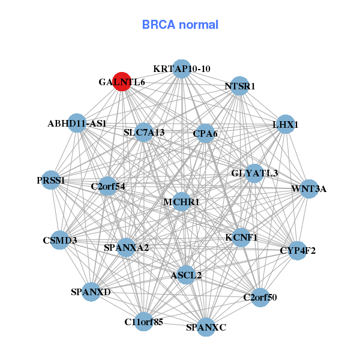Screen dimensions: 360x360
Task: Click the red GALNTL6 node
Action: (122, 82)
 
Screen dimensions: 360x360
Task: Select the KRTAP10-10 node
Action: (181, 68)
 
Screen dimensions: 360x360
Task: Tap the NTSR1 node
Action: (239, 86)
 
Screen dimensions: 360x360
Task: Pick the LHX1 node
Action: (286, 125)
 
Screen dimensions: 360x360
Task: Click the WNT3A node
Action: (308, 189)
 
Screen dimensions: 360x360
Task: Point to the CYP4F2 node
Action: (298, 250)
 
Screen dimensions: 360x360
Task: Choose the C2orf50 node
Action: (260, 297)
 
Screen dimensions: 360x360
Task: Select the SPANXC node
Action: (206, 327)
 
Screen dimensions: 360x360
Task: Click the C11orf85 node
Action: (144, 322)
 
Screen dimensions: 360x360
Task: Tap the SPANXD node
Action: (91, 292)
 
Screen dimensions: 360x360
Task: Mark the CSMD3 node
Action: (60, 241)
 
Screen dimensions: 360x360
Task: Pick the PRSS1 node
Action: (51, 180)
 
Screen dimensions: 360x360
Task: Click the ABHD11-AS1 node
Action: (76, 124)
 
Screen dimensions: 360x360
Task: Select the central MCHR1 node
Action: (181, 202)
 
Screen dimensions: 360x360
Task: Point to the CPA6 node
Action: (205, 133)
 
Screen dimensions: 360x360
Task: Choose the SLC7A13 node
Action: (144, 132)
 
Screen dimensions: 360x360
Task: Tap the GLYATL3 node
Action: (254, 173)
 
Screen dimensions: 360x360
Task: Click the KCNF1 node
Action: (241, 237)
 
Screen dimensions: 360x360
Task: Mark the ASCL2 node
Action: (186, 275)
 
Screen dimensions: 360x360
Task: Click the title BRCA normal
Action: (180, 25)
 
